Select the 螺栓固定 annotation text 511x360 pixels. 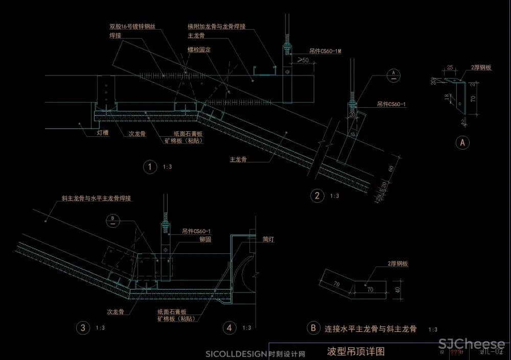pos(199,50)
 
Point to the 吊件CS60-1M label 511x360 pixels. pos(326,52)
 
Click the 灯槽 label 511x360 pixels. pos(102,133)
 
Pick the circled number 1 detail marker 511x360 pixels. pos(150,167)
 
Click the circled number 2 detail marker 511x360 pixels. pos(317,195)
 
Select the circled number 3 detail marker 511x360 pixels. pos(82,327)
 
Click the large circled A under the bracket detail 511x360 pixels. pos(462,143)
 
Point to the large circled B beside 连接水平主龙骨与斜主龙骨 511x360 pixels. pos(312,329)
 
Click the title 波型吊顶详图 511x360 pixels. pos(355,351)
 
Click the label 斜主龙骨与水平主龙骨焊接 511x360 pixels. pos(97,198)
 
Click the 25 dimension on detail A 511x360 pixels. pos(450,67)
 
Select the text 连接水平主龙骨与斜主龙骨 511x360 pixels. pos(371,329)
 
